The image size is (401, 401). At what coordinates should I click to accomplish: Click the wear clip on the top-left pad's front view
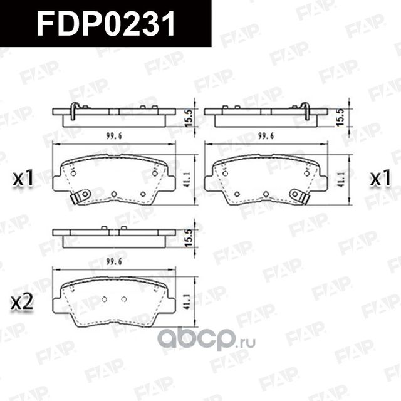(80, 197)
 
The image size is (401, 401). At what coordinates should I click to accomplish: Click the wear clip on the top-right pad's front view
(301, 197)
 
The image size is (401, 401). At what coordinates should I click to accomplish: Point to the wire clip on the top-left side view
(75, 111)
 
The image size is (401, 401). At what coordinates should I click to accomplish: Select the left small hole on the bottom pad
(105, 298)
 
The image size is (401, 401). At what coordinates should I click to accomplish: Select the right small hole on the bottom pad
(123, 298)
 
